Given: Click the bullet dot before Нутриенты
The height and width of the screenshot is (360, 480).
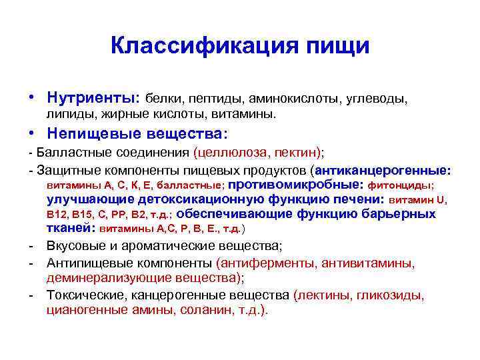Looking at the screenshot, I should pos(31,98).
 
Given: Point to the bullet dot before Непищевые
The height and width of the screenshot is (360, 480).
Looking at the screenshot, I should pos(31,133).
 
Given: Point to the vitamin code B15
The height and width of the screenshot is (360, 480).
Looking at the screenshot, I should pos(83,215).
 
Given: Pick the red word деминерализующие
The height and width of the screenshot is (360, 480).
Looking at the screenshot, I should pos(95,278).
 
